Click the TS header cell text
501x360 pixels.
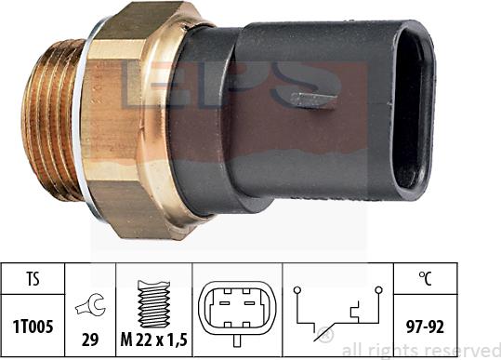33,279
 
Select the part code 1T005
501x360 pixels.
33,327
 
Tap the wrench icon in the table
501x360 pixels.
90,305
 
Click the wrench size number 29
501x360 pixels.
90,340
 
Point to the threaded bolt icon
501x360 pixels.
153,304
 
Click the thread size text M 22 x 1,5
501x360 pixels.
153,340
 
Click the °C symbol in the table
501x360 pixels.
425,278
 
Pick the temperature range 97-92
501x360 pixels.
425,327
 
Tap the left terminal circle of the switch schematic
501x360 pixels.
297,290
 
